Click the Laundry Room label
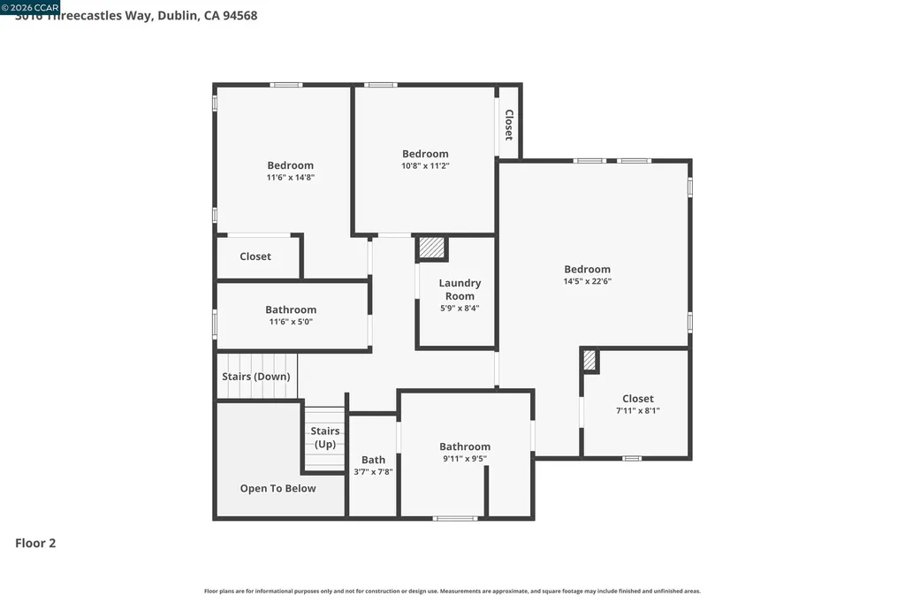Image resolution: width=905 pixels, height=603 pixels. point(460,289)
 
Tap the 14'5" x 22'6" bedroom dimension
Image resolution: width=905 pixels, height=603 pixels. point(588,281)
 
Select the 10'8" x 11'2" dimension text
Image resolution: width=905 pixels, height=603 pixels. point(425,165)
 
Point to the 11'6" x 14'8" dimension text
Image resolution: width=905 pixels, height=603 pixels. point(290,177)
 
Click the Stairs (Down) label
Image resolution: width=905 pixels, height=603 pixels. point(255,377)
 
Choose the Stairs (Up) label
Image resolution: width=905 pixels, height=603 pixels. point(325,438)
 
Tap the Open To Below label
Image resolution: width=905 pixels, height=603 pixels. point(278,488)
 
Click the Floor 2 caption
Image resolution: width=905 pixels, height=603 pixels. point(35,544)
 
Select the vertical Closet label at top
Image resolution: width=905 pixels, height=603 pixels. point(508,125)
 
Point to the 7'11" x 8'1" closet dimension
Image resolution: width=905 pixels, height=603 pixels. point(637,410)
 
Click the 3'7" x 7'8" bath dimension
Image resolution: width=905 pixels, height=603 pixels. point(373,472)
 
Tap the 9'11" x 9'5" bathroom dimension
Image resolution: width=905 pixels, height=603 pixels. point(464,459)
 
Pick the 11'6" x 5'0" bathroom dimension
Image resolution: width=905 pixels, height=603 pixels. point(291,322)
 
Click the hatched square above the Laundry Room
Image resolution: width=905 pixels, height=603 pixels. point(431,248)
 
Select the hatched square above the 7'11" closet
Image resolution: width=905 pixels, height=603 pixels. point(590,360)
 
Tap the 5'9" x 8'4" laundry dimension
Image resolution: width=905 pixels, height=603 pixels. point(460,309)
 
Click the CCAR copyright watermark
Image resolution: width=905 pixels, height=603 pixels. point(30,6)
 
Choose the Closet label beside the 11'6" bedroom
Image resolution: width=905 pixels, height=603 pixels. point(255,256)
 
